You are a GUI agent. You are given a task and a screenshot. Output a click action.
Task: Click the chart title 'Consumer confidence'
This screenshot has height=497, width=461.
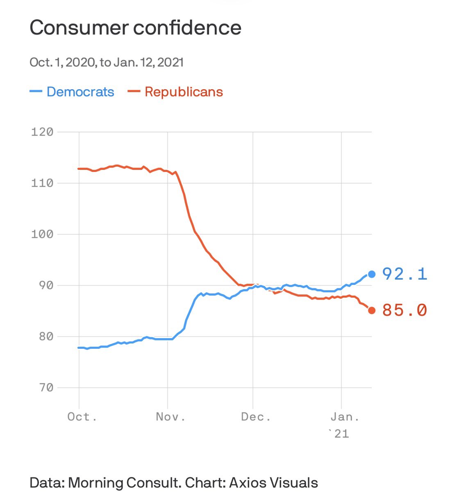click(x=135, y=28)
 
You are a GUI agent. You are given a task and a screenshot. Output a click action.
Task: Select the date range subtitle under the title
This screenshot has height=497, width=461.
click(x=107, y=63)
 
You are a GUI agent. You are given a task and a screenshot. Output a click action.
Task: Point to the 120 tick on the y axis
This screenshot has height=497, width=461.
click(x=42, y=132)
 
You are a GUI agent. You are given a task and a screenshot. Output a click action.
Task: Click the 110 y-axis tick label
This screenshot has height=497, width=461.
click(x=42, y=183)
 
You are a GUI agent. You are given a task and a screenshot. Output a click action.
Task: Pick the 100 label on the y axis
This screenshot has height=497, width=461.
click(x=42, y=234)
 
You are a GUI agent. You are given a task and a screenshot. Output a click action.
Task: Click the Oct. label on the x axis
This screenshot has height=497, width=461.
click(x=82, y=417)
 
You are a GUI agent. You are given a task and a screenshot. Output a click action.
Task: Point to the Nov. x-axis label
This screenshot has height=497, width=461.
click(x=170, y=417)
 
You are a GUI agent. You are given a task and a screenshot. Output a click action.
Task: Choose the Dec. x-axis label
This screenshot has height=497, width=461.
click(x=256, y=417)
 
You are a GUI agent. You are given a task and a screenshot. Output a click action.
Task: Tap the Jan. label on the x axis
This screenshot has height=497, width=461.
click(x=345, y=417)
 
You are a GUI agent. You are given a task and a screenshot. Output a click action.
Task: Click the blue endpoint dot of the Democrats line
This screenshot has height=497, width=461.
click(x=372, y=274)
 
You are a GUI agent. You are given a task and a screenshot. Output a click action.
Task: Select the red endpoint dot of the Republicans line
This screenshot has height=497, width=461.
click(x=372, y=310)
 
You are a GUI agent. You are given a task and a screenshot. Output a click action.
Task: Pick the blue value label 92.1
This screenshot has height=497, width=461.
click(x=405, y=274)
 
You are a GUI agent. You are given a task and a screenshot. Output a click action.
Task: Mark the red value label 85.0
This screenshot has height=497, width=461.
click(x=405, y=310)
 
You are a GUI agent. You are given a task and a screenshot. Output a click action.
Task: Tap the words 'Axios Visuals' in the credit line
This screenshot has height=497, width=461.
click(x=273, y=483)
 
